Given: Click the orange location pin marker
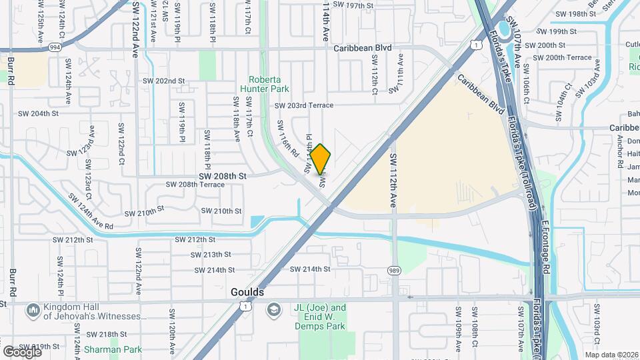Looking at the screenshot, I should (321, 159).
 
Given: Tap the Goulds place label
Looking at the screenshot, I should (247, 293).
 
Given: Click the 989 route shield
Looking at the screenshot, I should (395, 270).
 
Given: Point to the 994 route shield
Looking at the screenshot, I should (55, 48).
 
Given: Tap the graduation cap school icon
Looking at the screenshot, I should (272, 311).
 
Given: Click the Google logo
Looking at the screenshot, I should (22, 351).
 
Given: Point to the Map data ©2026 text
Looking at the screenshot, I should (611, 355).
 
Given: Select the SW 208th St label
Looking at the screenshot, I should (224, 176).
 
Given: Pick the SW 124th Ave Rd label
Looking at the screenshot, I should (91, 213).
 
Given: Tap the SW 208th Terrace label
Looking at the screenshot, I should (195, 185).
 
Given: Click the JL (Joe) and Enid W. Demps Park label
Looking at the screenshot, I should (320, 313).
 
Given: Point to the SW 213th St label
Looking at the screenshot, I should (209, 255).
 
